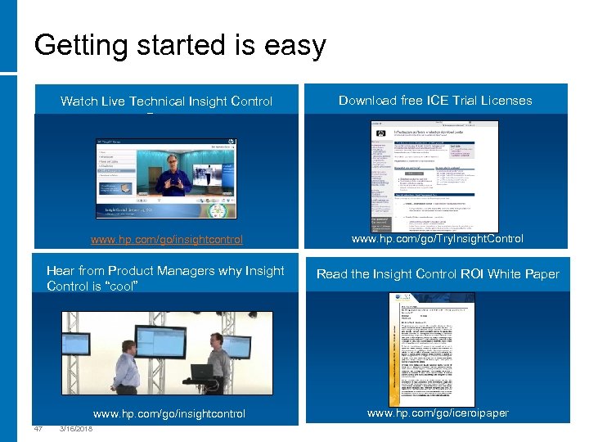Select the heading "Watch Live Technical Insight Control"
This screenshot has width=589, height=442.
pos(166,101)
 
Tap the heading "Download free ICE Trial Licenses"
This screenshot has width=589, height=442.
pos(435,101)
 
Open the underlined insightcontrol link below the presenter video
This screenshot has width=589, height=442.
pos(166,240)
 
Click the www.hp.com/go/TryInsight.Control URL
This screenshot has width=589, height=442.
pos(437,239)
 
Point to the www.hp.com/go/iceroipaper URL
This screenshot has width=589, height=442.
pos(438,413)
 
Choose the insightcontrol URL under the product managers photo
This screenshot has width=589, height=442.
pos(169,413)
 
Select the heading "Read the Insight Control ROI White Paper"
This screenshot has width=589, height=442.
pos(438,274)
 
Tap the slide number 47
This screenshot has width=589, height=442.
pos(38,430)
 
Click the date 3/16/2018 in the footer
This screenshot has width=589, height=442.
pos(76,430)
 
